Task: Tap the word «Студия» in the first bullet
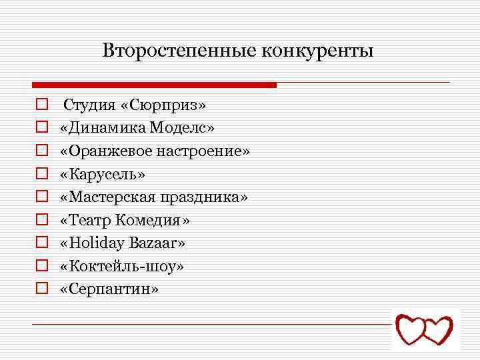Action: coord(87,105)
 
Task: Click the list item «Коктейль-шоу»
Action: coord(122,266)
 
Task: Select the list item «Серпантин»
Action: coord(109,289)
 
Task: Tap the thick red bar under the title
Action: coord(154,85)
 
